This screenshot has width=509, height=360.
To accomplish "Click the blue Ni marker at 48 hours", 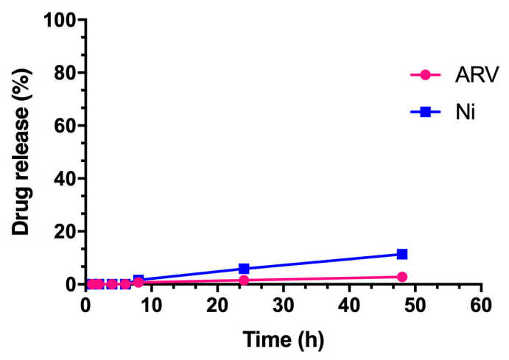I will click(x=402, y=254).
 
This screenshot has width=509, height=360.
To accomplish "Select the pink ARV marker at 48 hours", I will click(x=402, y=277).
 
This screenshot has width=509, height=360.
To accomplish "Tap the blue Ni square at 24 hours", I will click(x=244, y=269).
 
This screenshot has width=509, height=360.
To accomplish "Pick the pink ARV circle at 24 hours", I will click(x=244, y=280).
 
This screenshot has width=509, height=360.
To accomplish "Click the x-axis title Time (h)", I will click(x=283, y=339).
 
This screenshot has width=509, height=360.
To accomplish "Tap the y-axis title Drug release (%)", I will click(x=22, y=152).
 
